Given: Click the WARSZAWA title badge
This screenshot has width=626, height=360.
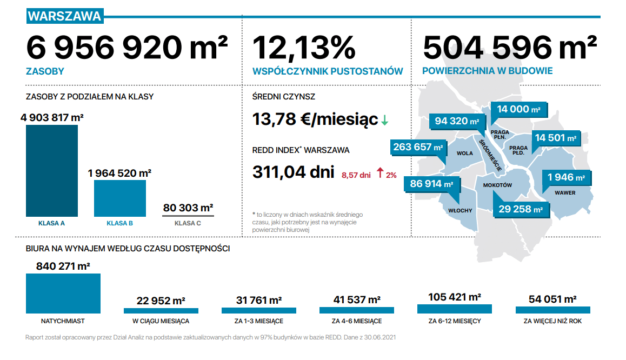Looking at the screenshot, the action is [65, 16].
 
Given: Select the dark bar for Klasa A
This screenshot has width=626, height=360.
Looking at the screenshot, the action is [52, 171].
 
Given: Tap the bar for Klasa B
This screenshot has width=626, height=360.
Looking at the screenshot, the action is [120, 198].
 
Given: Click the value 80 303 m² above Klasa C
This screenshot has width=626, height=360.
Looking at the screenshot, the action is [188, 208].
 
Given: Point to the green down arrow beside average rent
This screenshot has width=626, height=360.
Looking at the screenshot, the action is [384, 120].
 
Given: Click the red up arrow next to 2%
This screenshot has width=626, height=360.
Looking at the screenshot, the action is [380, 173].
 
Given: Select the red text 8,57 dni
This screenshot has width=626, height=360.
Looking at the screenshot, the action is [356, 175].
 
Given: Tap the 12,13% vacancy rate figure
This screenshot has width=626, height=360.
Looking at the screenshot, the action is [304, 48].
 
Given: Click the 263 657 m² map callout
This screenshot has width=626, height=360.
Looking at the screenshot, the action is [418, 147].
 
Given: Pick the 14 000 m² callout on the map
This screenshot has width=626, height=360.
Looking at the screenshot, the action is [518, 109].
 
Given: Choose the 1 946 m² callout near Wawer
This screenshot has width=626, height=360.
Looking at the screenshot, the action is [566, 178].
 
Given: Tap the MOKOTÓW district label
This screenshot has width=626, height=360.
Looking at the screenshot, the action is [497, 185].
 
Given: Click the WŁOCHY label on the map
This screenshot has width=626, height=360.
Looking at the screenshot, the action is [460, 211].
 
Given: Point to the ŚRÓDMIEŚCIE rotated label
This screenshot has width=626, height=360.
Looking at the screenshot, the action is [490, 155].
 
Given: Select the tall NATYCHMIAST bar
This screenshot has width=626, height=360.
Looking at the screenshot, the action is [63, 294].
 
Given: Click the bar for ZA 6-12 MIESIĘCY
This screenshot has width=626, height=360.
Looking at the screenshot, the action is [454, 309].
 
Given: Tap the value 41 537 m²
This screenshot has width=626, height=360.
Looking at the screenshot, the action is [357, 300].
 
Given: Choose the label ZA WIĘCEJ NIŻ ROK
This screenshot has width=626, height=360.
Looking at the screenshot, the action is [552, 321].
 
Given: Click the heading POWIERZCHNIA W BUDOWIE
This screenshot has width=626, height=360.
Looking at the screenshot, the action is [488, 71].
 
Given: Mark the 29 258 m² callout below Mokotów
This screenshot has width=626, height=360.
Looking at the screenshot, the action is [521, 209].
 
